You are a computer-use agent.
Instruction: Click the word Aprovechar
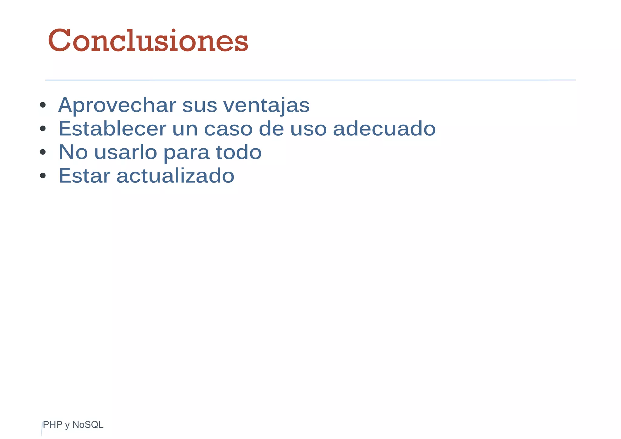[117, 105]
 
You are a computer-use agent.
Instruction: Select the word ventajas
[266, 105]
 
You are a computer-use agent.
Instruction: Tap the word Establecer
[112, 129]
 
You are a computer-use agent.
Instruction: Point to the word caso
[228, 129]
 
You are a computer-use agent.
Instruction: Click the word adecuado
[384, 129]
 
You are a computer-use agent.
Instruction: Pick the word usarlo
[126, 152]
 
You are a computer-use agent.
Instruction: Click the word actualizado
[175, 176]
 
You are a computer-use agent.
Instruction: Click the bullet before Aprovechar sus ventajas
[43, 105]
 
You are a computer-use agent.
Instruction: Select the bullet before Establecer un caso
[43, 129]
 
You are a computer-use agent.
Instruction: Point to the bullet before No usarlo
[43, 152]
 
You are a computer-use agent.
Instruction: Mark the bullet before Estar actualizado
[43, 176]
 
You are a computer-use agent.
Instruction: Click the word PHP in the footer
[52, 425]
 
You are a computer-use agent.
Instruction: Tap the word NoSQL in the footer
[88, 425]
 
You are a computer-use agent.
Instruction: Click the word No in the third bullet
[73, 152]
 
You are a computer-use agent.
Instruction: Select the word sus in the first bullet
[200, 105]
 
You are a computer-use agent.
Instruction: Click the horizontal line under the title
[310, 80]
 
